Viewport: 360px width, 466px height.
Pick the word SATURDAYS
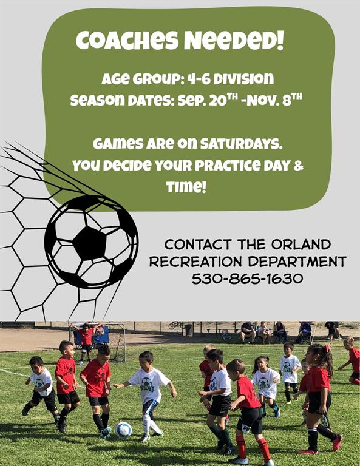[x=241, y=144]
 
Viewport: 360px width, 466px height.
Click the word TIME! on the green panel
[x=186, y=187]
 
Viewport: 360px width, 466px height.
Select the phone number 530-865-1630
[x=247, y=279]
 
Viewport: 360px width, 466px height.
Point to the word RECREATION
[x=195, y=262]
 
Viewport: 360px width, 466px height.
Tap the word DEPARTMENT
[x=297, y=262]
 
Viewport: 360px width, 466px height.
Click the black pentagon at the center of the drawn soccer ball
[x=89, y=243]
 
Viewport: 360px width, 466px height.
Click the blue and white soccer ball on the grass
[x=123, y=430]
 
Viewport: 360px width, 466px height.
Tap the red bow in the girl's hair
[x=327, y=348]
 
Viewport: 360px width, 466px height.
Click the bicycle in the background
[x=176, y=325]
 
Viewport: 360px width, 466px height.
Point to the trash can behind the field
[x=189, y=330]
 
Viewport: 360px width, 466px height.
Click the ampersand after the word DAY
[x=298, y=166]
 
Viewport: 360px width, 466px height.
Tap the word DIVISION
[x=244, y=79]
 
